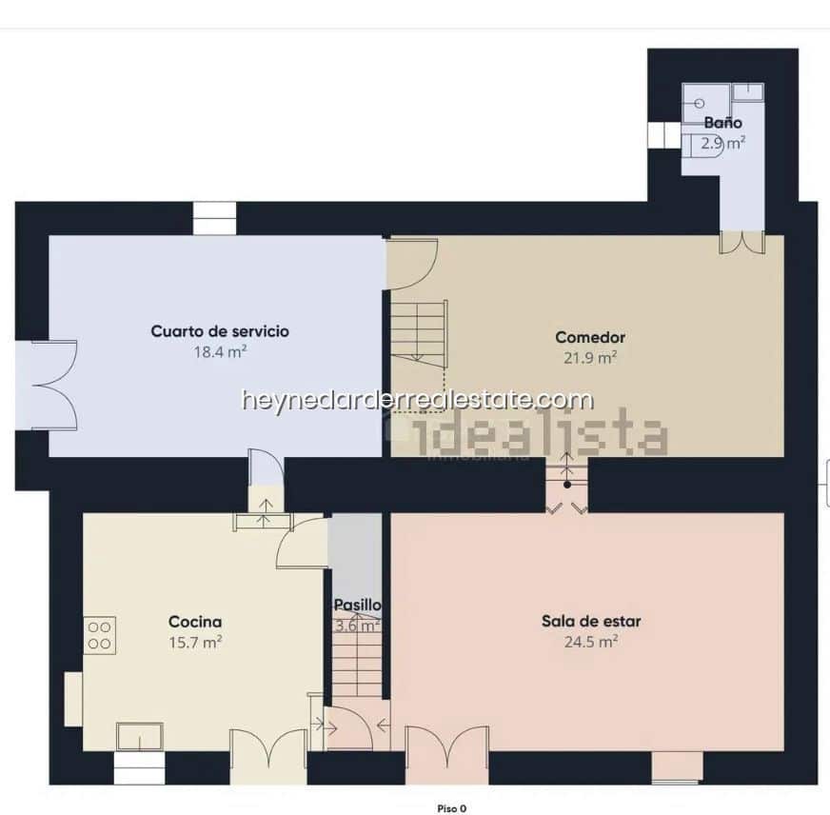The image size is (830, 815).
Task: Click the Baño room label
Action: [x=722, y=123]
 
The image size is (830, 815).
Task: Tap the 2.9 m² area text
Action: [x=722, y=144]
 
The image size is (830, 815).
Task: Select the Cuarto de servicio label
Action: [x=220, y=331]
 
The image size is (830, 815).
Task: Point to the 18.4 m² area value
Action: [x=220, y=351]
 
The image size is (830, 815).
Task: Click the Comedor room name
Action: [x=590, y=337]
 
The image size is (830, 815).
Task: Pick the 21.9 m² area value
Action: [x=590, y=357]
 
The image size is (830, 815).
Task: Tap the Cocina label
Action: [x=195, y=622]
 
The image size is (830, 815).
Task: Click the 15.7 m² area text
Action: [x=195, y=642]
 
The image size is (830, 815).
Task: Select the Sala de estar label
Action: [x=591, y=622]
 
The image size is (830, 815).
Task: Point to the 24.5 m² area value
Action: [x=591, y=642]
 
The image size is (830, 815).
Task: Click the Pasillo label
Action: [x=357, y=605]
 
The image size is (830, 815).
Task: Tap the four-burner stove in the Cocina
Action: [x=100, y=635]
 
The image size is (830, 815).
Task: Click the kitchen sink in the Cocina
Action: [x=139, y=736]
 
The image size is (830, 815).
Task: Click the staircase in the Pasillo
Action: [x=357, y=666]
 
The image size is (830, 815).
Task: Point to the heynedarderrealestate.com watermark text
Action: [x=417, y=400]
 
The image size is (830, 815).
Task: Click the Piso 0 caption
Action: [x=451, y=808]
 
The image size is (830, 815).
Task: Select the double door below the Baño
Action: [x=742, y=242]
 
